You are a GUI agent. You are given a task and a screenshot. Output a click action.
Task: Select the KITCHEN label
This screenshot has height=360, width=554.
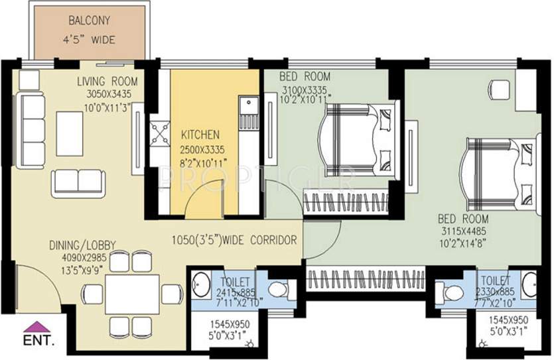[200, 135]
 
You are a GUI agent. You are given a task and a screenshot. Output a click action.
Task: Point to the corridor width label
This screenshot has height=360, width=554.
[234, 240]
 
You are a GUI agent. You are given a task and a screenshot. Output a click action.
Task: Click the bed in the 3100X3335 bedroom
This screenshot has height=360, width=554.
[358, 140]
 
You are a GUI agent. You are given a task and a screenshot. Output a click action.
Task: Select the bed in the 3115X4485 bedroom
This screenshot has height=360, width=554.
[500, 172]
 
